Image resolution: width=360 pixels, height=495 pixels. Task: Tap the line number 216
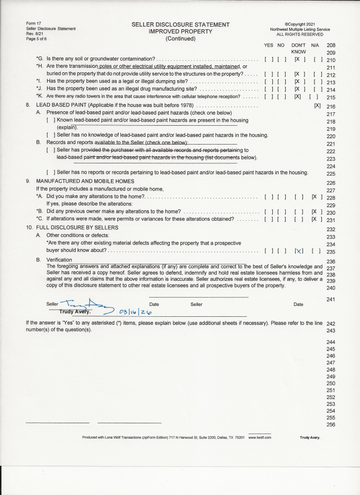click(x=331, y=107)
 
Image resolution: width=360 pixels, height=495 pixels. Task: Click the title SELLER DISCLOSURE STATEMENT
click(x=180, y=25)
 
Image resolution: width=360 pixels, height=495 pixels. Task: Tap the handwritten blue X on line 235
click(x=299, y=251)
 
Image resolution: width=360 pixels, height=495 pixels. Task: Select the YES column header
click(x=269, y=45)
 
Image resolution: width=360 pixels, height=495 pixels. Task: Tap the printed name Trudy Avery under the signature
click(x=72, y=312)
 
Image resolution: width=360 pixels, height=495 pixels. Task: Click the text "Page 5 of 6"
click(x=36, y=39)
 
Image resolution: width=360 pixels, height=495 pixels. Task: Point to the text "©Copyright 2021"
click(x=300, y=24)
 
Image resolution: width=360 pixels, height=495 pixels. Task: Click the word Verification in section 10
click(x=59, y=260)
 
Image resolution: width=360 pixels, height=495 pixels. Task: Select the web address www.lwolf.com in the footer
click(x=259, y=438)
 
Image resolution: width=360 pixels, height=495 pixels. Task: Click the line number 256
click(x=331, y=424)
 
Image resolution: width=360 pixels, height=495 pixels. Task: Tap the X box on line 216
click(x=317, y=106)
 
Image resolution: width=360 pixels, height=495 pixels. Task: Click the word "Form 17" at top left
click(x=34, y=23)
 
